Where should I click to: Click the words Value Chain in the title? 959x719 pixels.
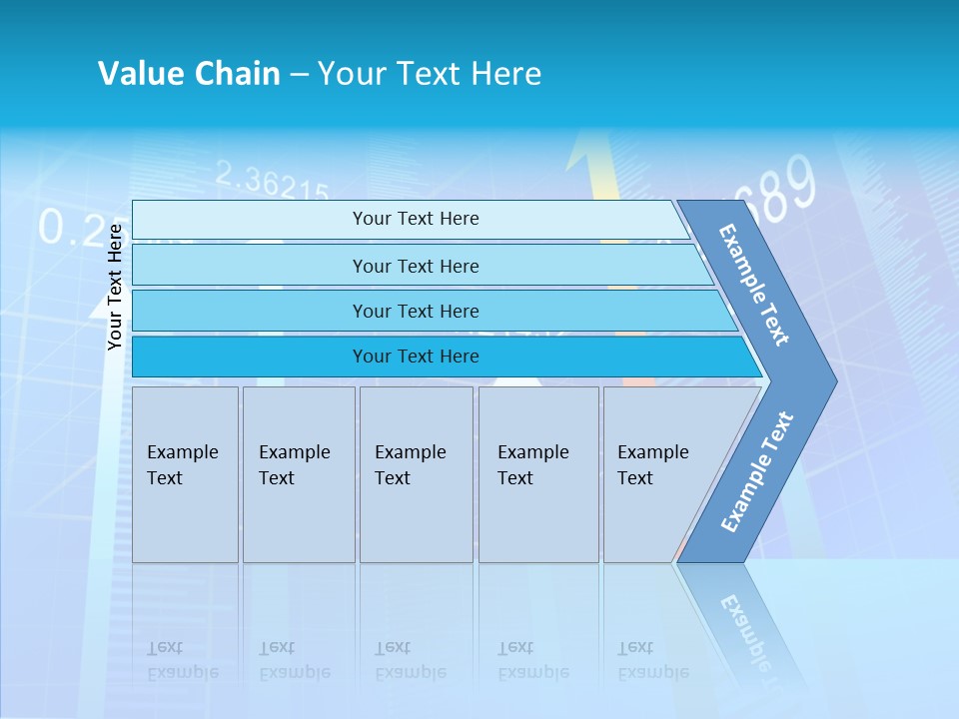pos(189,73)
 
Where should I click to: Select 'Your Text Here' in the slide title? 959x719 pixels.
pos(430,73)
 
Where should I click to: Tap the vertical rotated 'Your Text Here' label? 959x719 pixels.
pos(115,287)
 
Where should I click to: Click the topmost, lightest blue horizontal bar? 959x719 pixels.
pos(415,219)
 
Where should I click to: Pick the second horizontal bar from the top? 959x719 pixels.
pos(415,266)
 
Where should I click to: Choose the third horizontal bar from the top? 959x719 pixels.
pos(415,311)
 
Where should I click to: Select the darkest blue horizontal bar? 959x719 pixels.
pos(415,357)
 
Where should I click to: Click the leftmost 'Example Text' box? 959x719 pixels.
pos(185,474)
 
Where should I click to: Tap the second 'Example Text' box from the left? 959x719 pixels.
pos(298,474)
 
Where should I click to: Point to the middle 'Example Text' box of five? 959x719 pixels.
pos(416,474)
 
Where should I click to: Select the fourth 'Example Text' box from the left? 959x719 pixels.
pos(538,474)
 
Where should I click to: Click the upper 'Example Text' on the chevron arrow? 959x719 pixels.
pos(754,285)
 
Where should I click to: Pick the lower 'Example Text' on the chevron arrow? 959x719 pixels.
pos(756,472)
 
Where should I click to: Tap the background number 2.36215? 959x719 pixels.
pos(272,182)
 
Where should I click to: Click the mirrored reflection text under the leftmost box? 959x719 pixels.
pos(183,660)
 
